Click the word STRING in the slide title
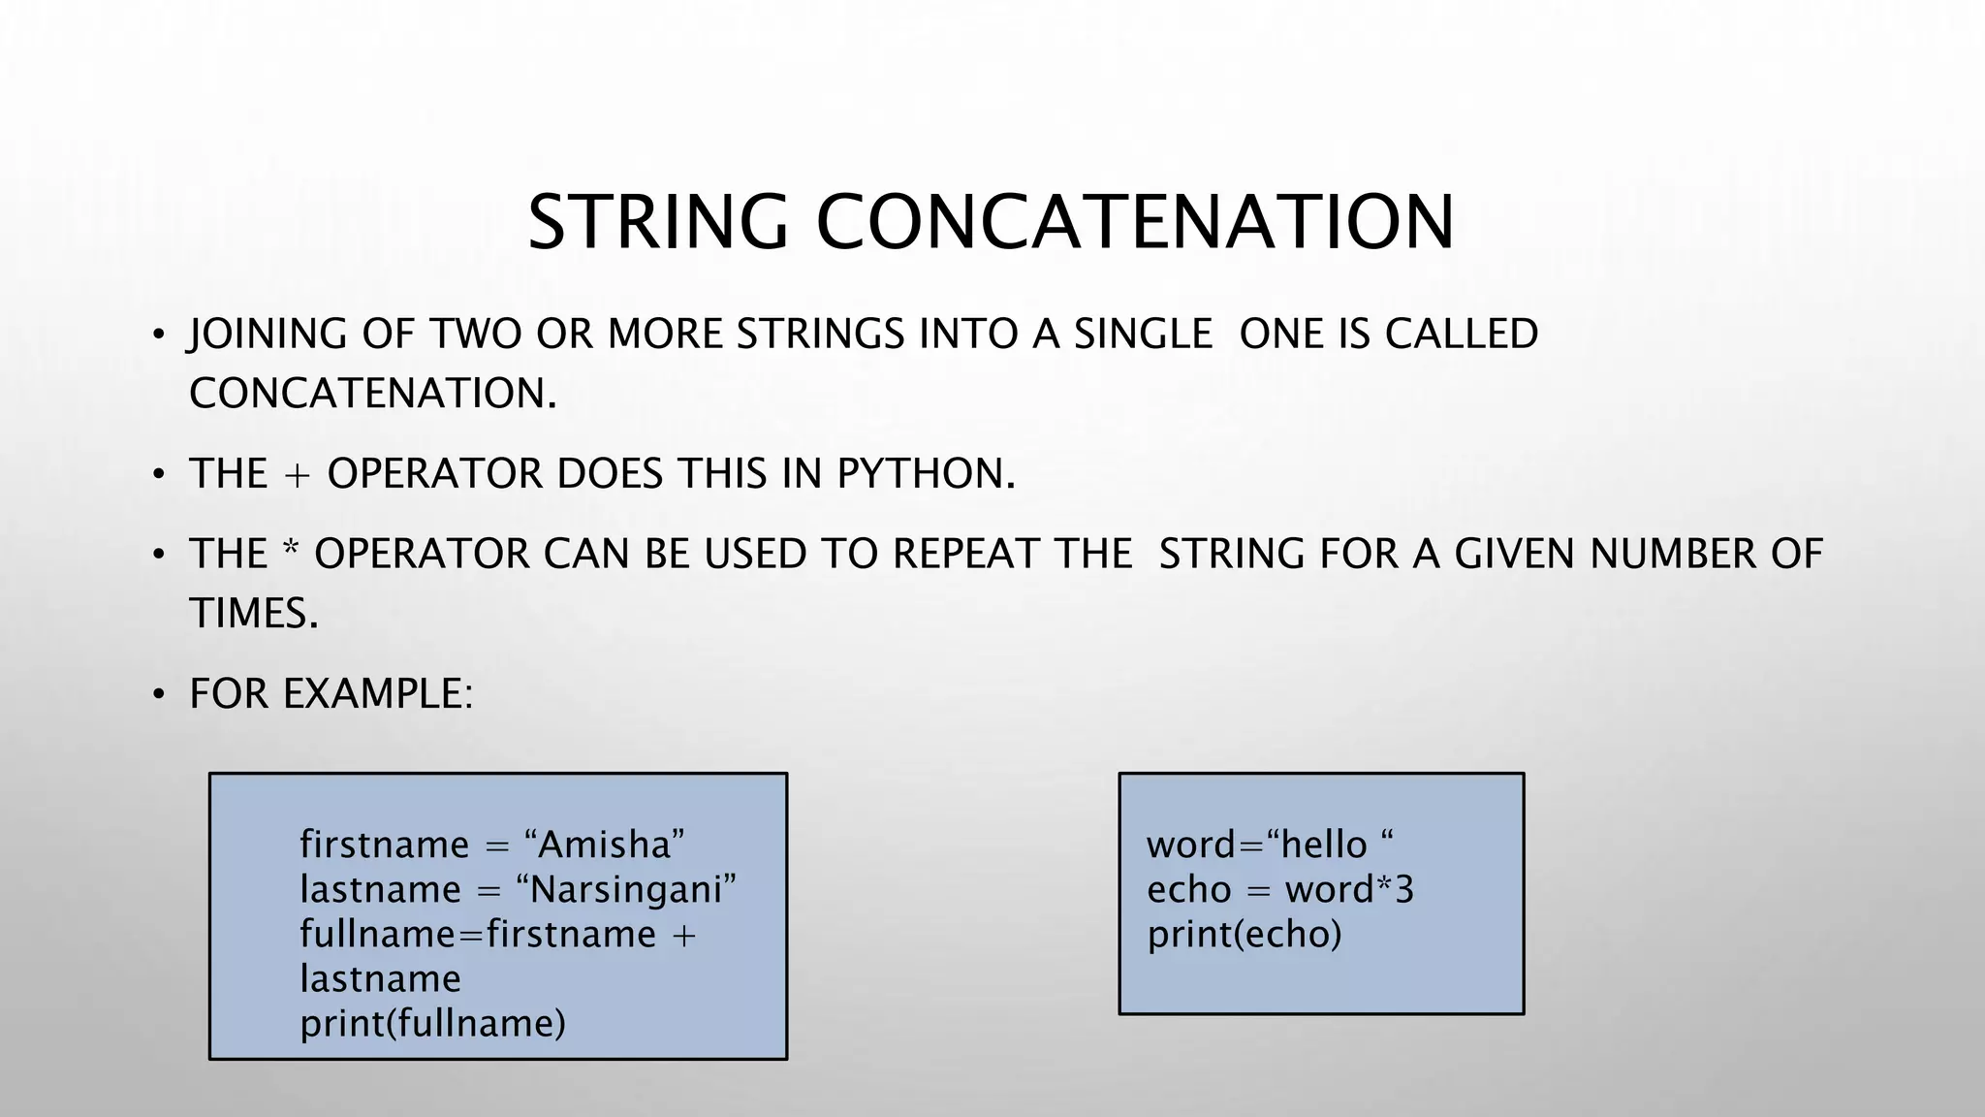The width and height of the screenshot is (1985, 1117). [658, 222]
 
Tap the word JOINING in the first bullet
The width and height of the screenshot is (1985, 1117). [268, 334]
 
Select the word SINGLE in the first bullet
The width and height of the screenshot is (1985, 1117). [1143, 334]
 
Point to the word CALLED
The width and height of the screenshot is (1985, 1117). [1461, 334]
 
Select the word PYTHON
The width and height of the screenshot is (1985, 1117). [926, 473]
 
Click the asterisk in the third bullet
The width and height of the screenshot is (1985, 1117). [291, 550]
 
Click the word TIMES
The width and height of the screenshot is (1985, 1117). [253, 613]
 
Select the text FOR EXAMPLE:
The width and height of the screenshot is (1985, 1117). [331, 694]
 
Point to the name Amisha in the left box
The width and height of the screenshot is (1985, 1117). [604, 845]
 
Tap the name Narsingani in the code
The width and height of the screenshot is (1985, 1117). [626, 889]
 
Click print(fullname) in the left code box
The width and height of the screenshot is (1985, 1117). [432, 1023]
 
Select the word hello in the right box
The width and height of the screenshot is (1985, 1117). [1323, 845]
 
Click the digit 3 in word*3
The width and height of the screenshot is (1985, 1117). [1404, 889]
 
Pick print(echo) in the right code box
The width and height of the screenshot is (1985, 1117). [1244, 934]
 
